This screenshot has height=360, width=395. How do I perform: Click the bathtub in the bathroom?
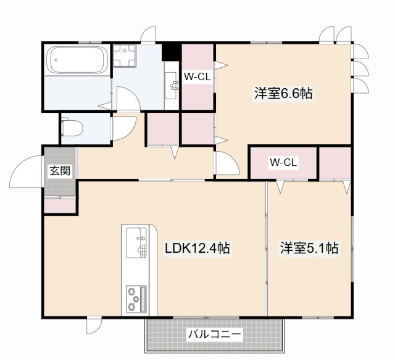tap(77, 61)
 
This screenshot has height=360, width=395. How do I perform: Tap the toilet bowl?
tap(72, 128)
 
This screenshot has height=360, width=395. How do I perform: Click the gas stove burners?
tap(135, 298)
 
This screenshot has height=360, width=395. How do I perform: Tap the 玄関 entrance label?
tap(60, 171)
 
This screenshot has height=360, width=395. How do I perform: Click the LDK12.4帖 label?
tap(197, 248)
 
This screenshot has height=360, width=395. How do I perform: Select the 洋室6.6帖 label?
tap(283, 94)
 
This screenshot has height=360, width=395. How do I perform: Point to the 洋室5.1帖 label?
tap(309, 248)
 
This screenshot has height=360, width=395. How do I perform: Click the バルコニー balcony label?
tap(215, 335)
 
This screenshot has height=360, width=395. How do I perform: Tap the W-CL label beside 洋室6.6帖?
tap(197, 76)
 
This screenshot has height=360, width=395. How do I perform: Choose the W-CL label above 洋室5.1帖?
tap(283, 163)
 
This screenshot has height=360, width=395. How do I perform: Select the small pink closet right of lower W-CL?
tap(335, 163)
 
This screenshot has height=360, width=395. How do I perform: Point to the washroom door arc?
tap(127, 99)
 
